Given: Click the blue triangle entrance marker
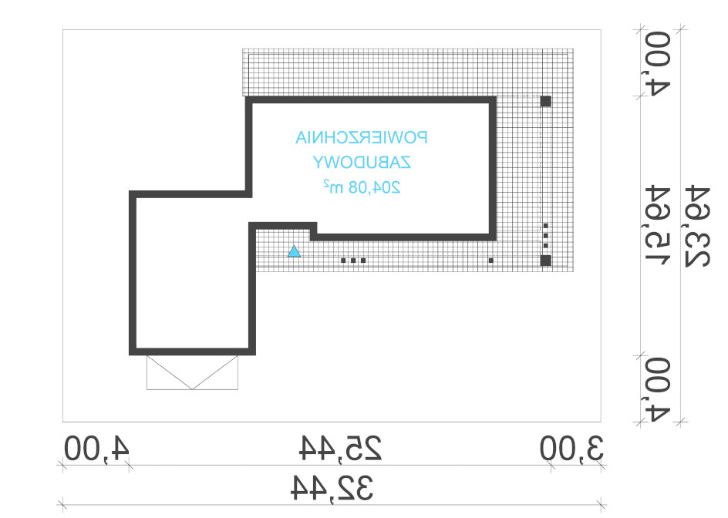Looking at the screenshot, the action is point(294,251).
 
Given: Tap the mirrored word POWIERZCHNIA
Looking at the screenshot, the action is point(361,137).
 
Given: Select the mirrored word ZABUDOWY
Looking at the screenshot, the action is point(361,163).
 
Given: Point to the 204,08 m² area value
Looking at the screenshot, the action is point(361,187).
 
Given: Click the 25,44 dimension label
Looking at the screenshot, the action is point(340,448).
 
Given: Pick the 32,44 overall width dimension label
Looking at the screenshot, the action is point(332,488).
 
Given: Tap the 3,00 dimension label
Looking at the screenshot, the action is point(571,449).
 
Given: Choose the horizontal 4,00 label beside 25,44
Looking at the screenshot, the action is point(96,449).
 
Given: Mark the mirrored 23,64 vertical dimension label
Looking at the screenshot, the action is point(697,227).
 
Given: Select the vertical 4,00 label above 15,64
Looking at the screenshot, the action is point(659,63).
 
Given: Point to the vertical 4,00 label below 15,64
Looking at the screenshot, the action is point(659,390).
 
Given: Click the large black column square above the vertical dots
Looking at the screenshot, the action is point(546,101).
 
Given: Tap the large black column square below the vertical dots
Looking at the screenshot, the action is point(546,261).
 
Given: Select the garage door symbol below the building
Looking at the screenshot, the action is point(192,372).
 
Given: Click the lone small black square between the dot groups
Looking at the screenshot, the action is point(491,261).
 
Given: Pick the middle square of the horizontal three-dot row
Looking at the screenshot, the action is point(353,261).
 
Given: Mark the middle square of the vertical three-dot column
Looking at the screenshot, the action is point(546,236).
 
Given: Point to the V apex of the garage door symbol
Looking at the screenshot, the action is point(192,389).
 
